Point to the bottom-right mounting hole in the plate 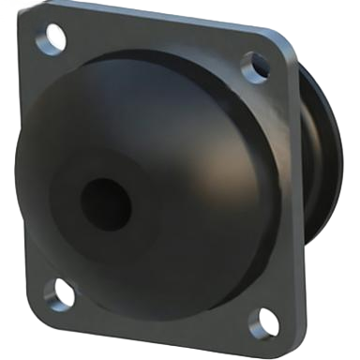[266, 322]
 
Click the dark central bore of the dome [104, 204]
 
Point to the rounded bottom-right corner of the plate [281, 339]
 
